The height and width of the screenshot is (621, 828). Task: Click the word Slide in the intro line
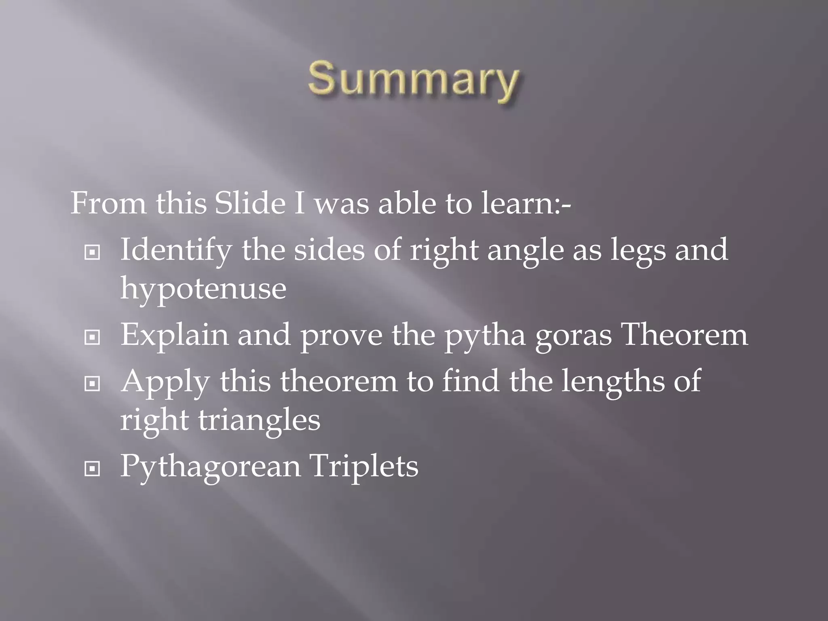250,203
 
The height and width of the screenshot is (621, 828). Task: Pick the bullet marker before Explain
92,337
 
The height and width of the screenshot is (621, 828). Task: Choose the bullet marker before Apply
92,383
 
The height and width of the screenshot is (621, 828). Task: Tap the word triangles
259,420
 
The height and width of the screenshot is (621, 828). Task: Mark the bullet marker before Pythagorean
92,469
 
